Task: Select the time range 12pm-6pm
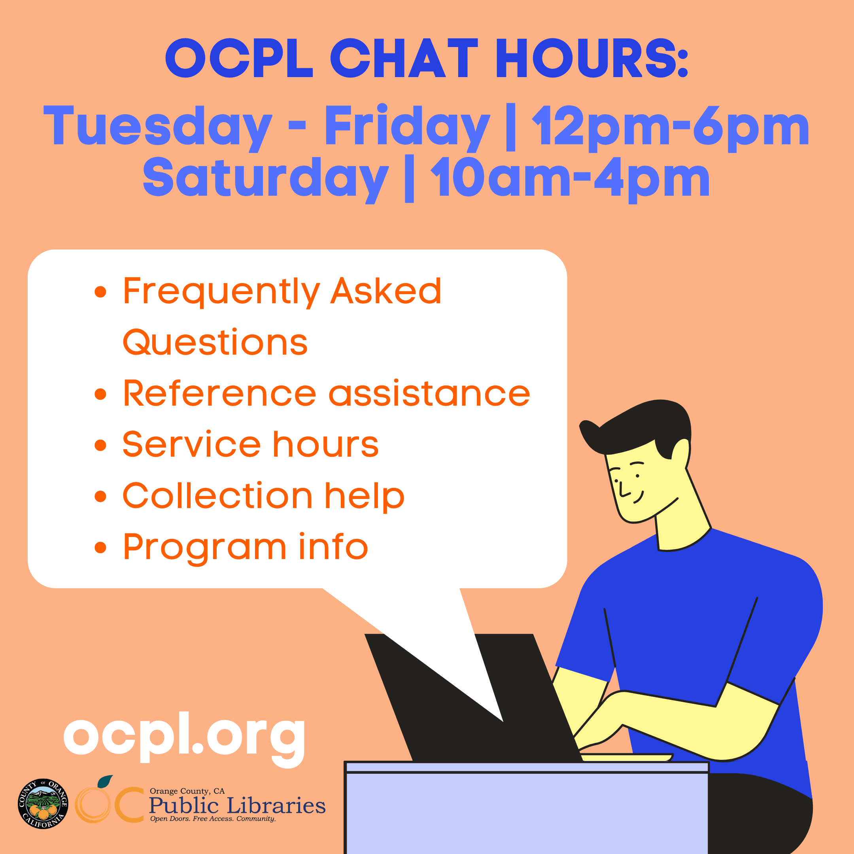[670, 128]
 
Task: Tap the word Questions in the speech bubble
[215, 342]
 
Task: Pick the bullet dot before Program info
[101, 547]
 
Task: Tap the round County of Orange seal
[43, 804]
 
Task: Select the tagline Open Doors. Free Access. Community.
[213, 819]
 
